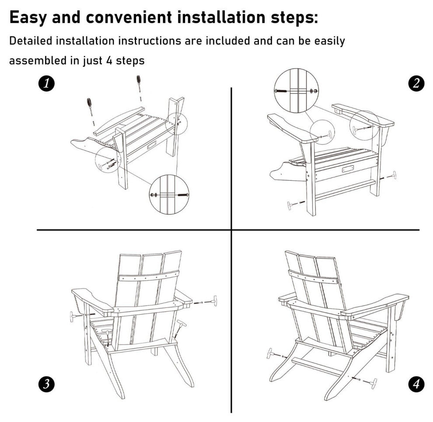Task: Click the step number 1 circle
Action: point(46,83)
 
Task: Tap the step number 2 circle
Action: point(416,83)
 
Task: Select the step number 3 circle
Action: point(46,384)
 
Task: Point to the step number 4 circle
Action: point(416,384)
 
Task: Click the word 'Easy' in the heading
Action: point(28,18)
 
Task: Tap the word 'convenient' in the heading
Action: point(129,17)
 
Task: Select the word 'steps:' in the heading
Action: point(294,18)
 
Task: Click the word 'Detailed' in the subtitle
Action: point(31,41)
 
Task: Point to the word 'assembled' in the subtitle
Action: point(38,60)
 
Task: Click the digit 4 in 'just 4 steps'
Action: point(109,61)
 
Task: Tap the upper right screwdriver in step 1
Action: point(139,86)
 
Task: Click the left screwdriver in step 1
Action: point(90,108)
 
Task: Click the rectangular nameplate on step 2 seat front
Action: point(348,169)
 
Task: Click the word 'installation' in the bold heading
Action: point(221,17)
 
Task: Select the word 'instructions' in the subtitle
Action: point(150,41)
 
